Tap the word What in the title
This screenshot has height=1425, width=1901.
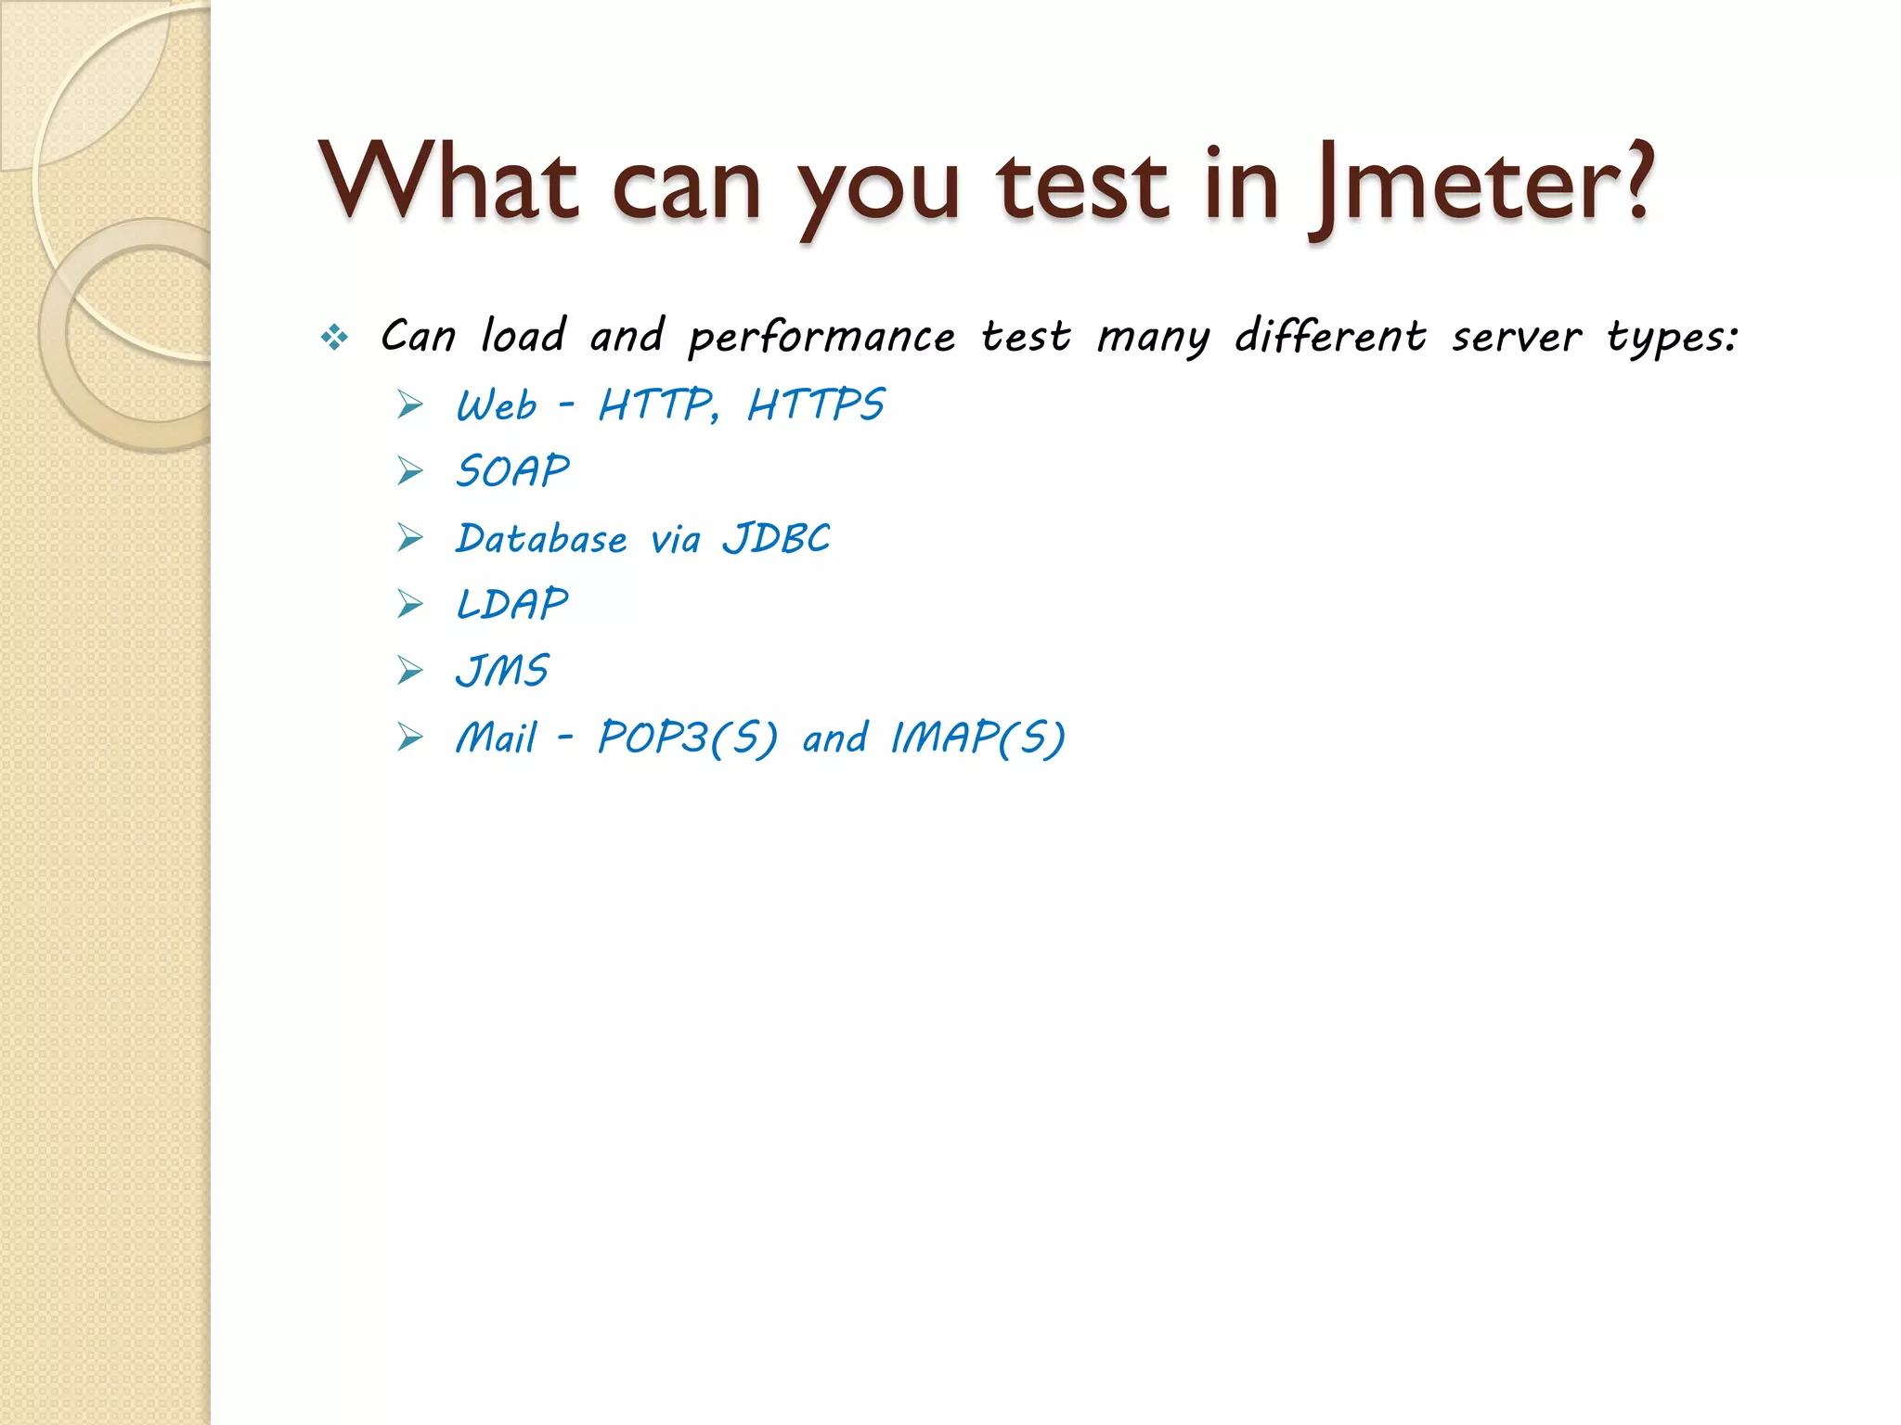448,183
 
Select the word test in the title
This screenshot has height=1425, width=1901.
1081,186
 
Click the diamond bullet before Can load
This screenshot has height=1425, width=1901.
334,337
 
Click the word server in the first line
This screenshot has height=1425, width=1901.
1516,337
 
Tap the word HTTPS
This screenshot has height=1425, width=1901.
816,405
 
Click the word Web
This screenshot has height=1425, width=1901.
497,405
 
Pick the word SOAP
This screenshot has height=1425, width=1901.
512,471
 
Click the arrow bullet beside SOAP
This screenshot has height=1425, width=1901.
409,471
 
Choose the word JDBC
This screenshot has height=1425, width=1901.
776,538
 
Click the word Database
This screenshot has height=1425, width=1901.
541,538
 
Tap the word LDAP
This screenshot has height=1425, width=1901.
511,605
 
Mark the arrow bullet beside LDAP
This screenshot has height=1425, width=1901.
409,605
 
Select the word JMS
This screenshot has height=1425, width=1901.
502,671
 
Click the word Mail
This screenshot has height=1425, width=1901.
497,738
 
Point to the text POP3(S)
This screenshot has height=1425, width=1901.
687,738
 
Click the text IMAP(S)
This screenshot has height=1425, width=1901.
977,738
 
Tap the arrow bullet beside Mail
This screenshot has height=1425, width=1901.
409,738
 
